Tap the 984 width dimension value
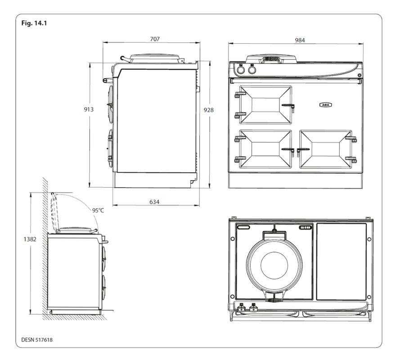point(300,40)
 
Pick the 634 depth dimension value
point(154,202)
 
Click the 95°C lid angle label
point(98,211)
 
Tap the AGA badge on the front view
point(325,105)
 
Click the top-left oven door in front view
point(265,104)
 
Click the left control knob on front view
point(241,71)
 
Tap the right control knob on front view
point(252,71)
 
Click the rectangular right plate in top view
point(342,261)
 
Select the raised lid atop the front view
point(271,58)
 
